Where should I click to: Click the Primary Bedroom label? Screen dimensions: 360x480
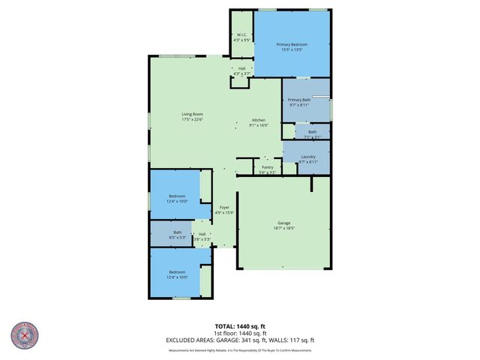click(294, 45)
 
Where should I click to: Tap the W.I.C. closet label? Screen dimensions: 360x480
click(242, 35)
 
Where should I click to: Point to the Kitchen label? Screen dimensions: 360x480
click(259, 121)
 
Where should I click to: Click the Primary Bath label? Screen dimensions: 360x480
click(300, 100)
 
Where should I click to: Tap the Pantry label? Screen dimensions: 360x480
click(268, 167)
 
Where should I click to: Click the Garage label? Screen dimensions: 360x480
click(283, 223)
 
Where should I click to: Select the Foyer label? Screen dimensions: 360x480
click(223, 207)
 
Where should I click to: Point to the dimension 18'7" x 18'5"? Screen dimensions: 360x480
click(283, 228)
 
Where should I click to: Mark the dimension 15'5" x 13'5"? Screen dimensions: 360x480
click(294, 50)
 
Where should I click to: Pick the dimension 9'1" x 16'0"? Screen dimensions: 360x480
click(259, 126)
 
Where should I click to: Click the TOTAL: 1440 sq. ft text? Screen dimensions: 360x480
click(239, 326)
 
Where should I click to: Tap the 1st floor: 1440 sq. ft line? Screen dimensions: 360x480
click(239, 333)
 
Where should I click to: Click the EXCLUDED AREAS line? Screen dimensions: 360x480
click(239, 340)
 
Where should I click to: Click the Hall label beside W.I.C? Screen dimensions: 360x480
click(242, 69)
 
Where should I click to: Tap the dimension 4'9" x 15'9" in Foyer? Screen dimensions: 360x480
click(223, 212)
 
